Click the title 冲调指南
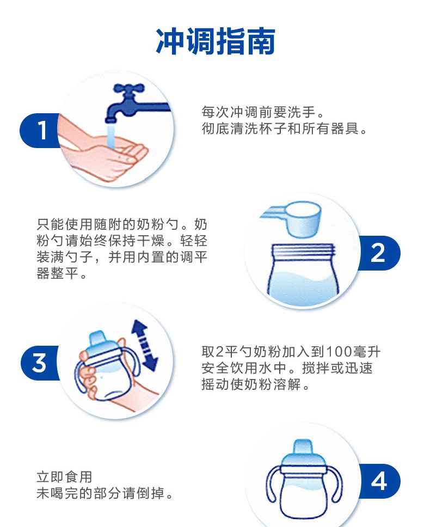coord(216,41)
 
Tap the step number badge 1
coord(41,131)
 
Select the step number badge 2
coord(379,253)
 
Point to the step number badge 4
coord(379,481)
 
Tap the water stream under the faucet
coord(111,137)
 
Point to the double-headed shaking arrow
coord(144,345)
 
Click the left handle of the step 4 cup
coord(273,484)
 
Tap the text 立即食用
coord(64,477)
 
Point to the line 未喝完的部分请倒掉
coord(105,493)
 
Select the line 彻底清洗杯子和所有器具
coord(284,128)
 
